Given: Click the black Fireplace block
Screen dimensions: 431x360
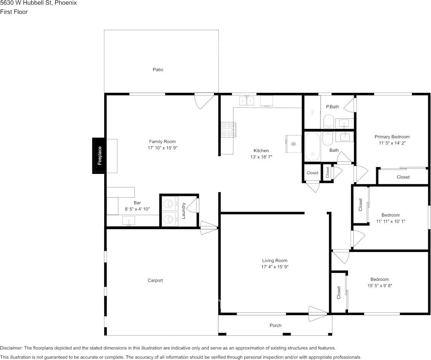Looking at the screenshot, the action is coord(99,156).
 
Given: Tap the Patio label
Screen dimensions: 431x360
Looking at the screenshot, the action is coord(158,70).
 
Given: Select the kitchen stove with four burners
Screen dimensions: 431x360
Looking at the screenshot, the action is coord(228,129).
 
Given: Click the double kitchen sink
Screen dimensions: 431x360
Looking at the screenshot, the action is coord(247,101).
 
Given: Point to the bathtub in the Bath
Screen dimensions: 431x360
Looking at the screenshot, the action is coord(313,147).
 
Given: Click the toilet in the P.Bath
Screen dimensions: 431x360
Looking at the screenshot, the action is coord(328,121).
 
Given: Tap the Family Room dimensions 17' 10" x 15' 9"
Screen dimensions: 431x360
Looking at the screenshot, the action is coord(162,148).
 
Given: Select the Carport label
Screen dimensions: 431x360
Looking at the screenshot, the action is coord(155,280).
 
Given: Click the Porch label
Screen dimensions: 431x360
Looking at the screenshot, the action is coord(275,326).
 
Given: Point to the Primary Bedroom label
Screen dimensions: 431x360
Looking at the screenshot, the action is coord(392,137).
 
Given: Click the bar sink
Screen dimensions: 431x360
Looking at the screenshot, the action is coord(129,221).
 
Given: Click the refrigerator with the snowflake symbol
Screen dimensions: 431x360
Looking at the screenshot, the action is coord(294,144).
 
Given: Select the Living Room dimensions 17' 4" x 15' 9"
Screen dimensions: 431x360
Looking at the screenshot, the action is coord(275,267).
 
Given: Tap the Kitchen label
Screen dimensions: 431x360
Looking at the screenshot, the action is coord(261,151).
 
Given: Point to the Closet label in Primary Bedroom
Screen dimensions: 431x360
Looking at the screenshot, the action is coord(403,177).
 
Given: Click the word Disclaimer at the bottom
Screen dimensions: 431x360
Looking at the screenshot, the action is coord(11,348).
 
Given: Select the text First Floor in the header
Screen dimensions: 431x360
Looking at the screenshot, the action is coord(14,12).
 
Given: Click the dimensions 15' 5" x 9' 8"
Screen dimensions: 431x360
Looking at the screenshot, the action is coord(380,286).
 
